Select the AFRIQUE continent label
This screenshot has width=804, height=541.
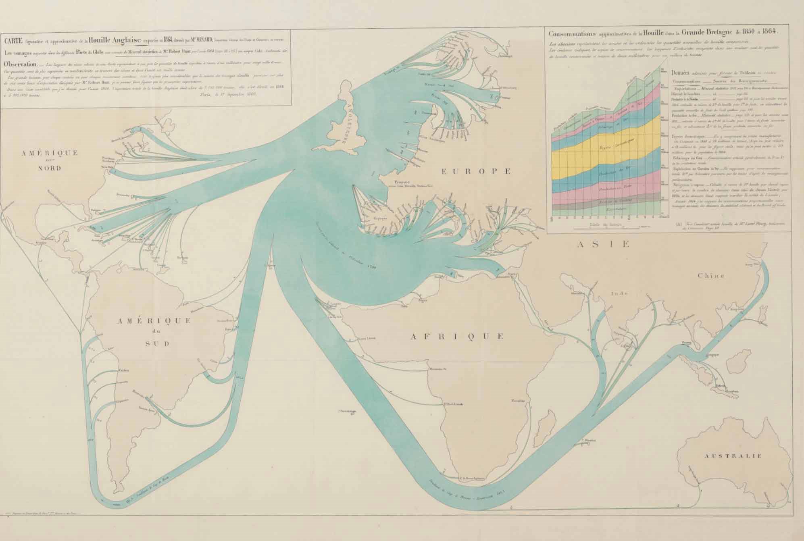457,336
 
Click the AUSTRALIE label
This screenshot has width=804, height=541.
733,456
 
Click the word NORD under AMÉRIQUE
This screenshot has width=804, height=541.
50,169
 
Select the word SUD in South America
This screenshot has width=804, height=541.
154,343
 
